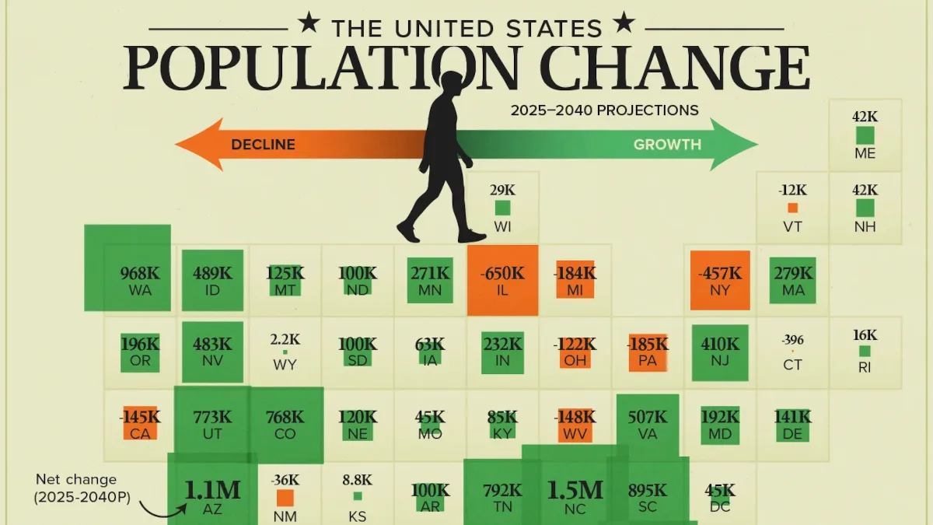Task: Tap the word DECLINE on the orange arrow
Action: pos(264,145)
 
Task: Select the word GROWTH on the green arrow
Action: pos(667,145)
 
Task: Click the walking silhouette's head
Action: pos(452,83)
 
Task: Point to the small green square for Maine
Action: pos(865,135)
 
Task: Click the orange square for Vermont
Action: pos(792,208)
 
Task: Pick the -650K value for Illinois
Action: pos(502,273)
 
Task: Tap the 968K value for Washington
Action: pos(140,273)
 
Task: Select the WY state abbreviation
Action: pos(285,365)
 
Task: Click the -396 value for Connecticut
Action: pos(792,340)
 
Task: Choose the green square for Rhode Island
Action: pos(865,352)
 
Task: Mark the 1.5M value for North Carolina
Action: pos(575,490)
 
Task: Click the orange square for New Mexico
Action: pos(285,498)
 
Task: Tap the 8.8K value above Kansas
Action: pos(358,480)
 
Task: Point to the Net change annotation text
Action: pos(82,488)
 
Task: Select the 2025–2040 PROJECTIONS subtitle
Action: pos(605,110)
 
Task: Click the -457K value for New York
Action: pos(720,273)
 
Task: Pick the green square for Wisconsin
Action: pos(502,208)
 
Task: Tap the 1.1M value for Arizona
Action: pos(212,490)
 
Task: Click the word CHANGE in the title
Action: pos(675,67)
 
